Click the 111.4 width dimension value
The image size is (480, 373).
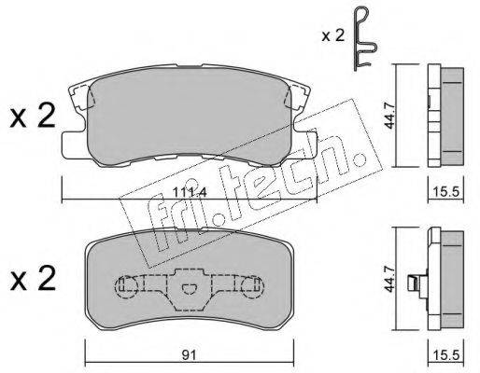coord(190,193)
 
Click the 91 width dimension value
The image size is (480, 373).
coord(189,355)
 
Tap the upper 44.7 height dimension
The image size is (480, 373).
coord(389,117)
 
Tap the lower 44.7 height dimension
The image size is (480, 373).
coord(389,279)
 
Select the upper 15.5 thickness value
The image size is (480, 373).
coord(446,192)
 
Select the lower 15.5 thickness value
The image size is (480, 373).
coord(446,355)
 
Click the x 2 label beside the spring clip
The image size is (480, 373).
coord(333,36)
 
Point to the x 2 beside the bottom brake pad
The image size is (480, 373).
coord(33,279)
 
